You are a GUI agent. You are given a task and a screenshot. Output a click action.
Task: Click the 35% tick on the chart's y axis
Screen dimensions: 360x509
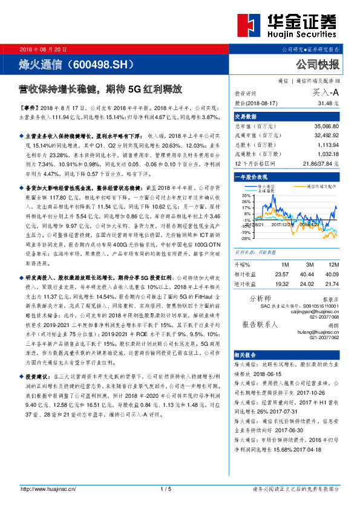[x=246, y=196]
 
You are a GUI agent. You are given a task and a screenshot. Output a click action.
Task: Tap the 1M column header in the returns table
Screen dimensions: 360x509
[x=284, y=264]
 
